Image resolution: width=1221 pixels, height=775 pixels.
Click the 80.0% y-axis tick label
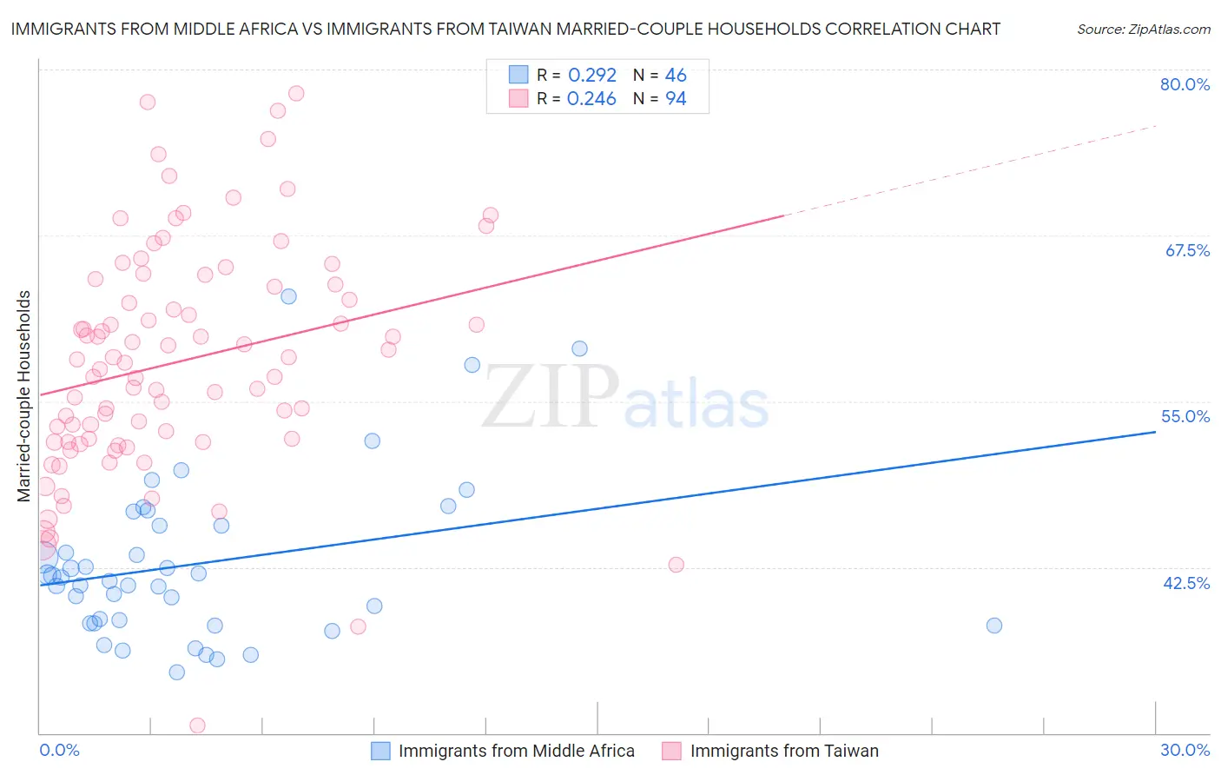click(1185, 84)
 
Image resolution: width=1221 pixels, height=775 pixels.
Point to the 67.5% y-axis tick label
click(1187, 250)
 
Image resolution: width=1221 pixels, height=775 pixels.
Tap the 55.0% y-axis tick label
click(1185, 416)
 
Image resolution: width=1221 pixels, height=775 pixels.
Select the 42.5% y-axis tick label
click(1186, 583)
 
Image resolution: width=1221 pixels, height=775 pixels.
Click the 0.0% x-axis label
click(59, 750)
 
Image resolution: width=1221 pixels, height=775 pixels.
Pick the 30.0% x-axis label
click(1185, 750)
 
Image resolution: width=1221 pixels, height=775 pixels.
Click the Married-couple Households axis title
click(24, 396)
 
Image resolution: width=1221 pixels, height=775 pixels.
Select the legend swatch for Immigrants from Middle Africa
click(380, 751)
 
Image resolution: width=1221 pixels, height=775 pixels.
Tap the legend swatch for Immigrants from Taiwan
click(671, 751)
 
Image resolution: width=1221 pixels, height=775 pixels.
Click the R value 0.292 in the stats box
click(591, 76)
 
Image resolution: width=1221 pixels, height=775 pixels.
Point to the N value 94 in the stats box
click(676, 99)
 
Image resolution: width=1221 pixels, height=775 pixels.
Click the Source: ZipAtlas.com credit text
click(1143, 30)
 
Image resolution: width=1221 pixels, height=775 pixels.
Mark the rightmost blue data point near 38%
click(994, 626)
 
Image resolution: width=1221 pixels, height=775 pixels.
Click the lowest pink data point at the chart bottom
click(197, 725)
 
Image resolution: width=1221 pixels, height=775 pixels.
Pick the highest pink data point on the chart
click(296, 93)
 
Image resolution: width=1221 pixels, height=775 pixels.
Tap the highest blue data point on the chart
click(288, 296)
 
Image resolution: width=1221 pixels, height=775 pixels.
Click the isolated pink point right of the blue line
click(676, 565)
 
